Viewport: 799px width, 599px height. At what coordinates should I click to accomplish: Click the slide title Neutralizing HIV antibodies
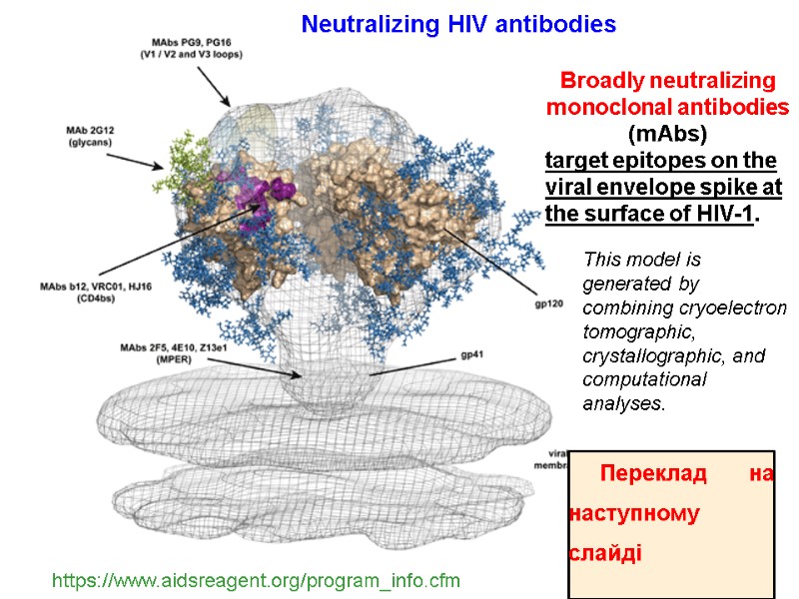(458, 23)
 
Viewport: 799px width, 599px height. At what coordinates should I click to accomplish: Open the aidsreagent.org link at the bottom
(256, 580)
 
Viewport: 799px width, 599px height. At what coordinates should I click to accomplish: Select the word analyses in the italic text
(623, 404)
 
